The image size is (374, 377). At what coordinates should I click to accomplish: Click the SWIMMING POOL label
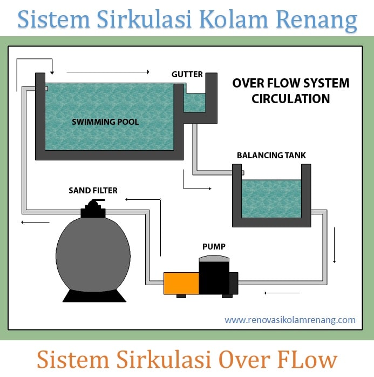coord(105,122)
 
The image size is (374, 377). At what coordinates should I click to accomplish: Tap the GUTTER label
coord(187,74)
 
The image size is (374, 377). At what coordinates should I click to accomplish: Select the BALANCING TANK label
coord(271,156)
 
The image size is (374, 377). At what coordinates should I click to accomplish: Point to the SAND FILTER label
coord(93,190)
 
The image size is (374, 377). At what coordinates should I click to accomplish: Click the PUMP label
coord(214,247)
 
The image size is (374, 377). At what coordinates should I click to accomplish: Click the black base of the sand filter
coord(93,295)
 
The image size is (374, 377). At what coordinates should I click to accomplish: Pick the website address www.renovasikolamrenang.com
coord(290,320)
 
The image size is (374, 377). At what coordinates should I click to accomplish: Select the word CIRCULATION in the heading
coord(290,99)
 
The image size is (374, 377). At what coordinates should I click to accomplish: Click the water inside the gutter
coord(195,102)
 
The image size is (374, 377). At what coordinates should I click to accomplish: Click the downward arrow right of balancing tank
coord(335,246)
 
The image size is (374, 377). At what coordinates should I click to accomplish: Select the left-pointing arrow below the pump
coord(282,293)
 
